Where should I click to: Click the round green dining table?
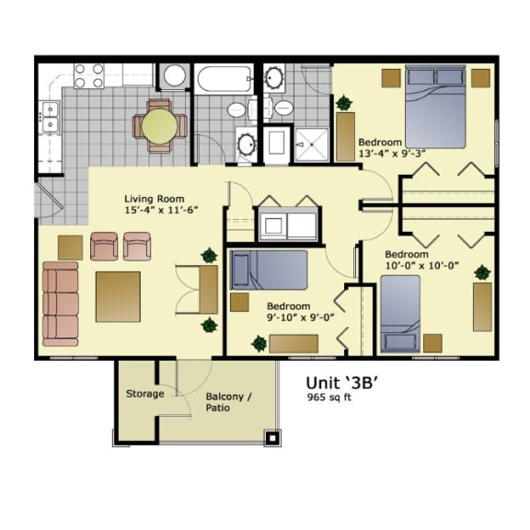click(x=159, y=127)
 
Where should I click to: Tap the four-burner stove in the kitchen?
click(x=89, y=75)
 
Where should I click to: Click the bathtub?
click(x=222, y=79)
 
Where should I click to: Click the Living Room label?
click(x=154, y=199)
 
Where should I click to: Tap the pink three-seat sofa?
click(x=61, y=303)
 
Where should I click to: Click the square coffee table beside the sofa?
click(x=118, y=296)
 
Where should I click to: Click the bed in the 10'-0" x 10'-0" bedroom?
click(x=400, y=313)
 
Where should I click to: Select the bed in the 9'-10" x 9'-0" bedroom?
click(x=268, y=270)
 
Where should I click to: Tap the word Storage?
click(x=144, y=394)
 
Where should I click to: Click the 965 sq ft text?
click(x=328, y=397)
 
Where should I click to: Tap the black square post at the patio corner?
click(x=271, y=437)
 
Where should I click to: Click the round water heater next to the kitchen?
click(x=175, y=75)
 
